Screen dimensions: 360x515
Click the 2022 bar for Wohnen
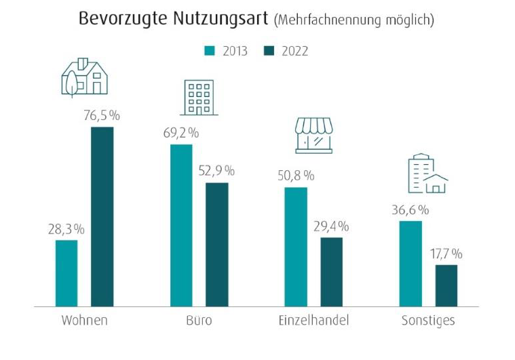102,217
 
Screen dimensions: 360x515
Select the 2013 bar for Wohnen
66,273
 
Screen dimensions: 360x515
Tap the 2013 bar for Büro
181,226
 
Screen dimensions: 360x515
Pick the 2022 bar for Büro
216,245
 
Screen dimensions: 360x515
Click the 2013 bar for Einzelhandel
296,247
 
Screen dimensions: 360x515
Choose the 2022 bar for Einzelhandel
331,272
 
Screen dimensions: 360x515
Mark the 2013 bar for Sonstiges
411,264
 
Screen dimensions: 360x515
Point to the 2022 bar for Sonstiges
446,285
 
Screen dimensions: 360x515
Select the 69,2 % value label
180,132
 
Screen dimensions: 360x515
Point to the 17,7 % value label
445,254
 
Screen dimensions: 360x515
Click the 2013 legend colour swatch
210,52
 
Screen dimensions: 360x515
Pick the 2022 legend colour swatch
267,52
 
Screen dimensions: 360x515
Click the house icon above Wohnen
85,77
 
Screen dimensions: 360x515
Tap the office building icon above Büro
198,98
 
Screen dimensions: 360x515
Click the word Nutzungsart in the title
220,18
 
